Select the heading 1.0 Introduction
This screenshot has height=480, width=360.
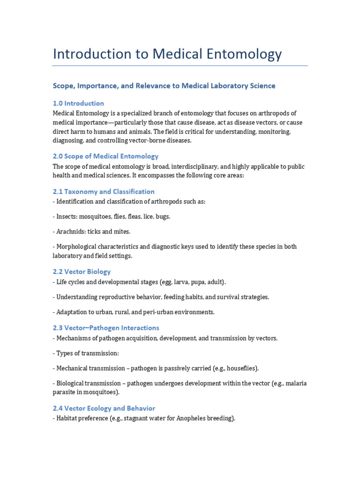[78, 103]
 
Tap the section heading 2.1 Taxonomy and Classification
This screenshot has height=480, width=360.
[104, 191]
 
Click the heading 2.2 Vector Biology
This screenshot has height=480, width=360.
[82, 271]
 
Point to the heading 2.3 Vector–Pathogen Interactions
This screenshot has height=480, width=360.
[106, 328]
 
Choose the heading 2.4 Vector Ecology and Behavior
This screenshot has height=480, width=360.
[104, 408]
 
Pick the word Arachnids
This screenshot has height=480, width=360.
[70, 232]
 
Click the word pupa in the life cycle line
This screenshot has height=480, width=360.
[192, 282]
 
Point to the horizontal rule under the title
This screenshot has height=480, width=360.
[180, 66]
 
